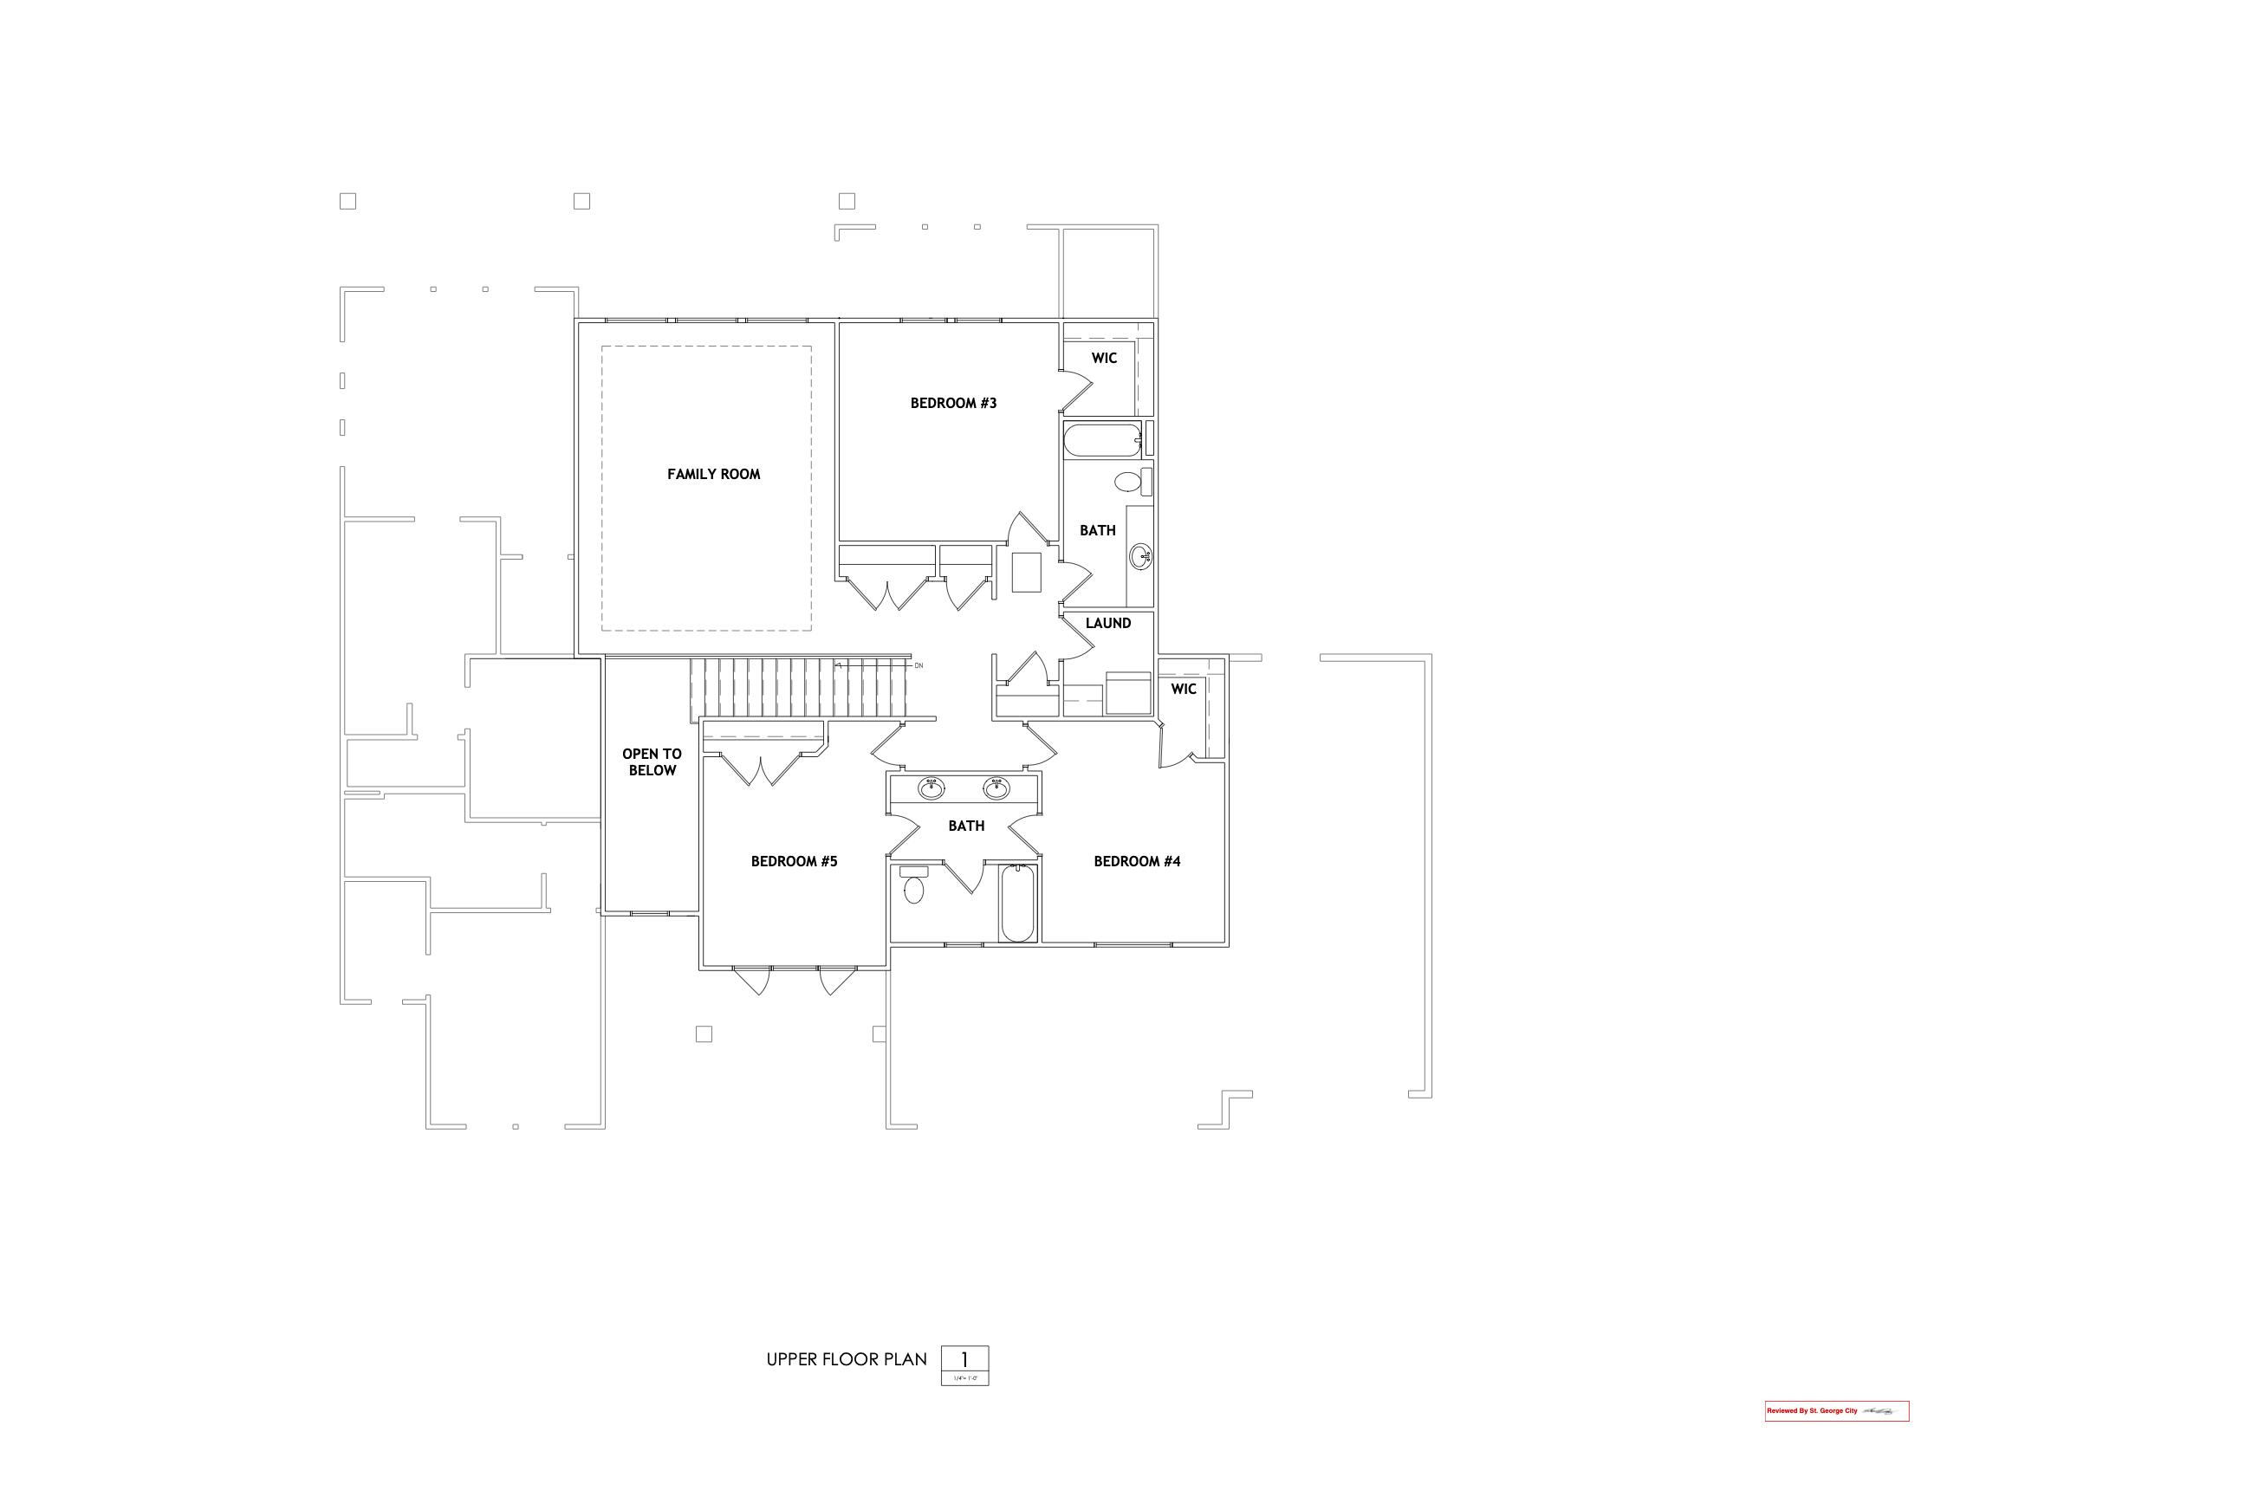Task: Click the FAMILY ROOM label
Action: coord(713,475)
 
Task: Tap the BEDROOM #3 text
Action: coord(953,404)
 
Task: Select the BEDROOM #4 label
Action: coord(1136,862)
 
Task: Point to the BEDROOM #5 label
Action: coord(794,862)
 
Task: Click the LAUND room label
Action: coord(1107,624)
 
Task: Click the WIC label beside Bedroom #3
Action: coord(1104,359)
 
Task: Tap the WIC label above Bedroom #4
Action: coord(1183,690)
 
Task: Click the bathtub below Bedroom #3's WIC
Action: coord(1102,441)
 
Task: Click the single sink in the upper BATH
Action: coord(1139,555)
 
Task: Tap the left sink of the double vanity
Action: coord(931,788)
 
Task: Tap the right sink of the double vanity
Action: coord(996,788)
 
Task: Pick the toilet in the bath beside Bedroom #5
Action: coord(914,888)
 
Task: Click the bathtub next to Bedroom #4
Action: coord(1018,904)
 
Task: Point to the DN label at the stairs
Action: coord(919,665)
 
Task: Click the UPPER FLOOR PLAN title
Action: coord(846,1359)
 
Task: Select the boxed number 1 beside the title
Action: coord(964,1359)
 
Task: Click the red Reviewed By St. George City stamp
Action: coord(1835,1411)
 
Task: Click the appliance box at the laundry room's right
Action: coord(1128,693)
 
